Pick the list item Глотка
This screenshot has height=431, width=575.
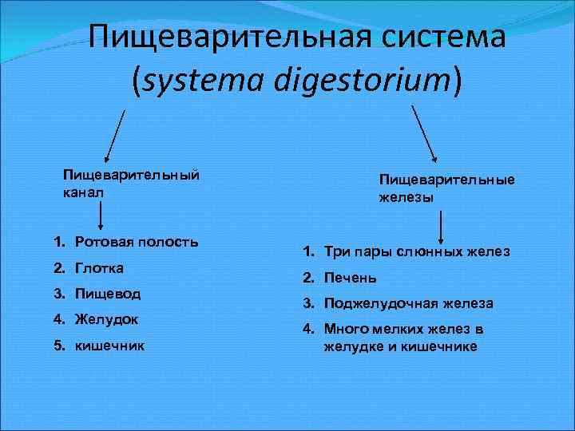click(x=99, y=267)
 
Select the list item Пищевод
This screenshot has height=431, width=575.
click(x=108, y=293)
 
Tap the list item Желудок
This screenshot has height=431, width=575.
click(x=107, y=319)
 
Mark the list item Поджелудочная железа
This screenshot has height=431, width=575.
click(x=408, y=304)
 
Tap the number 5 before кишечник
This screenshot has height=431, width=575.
click(x=59, y=346)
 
